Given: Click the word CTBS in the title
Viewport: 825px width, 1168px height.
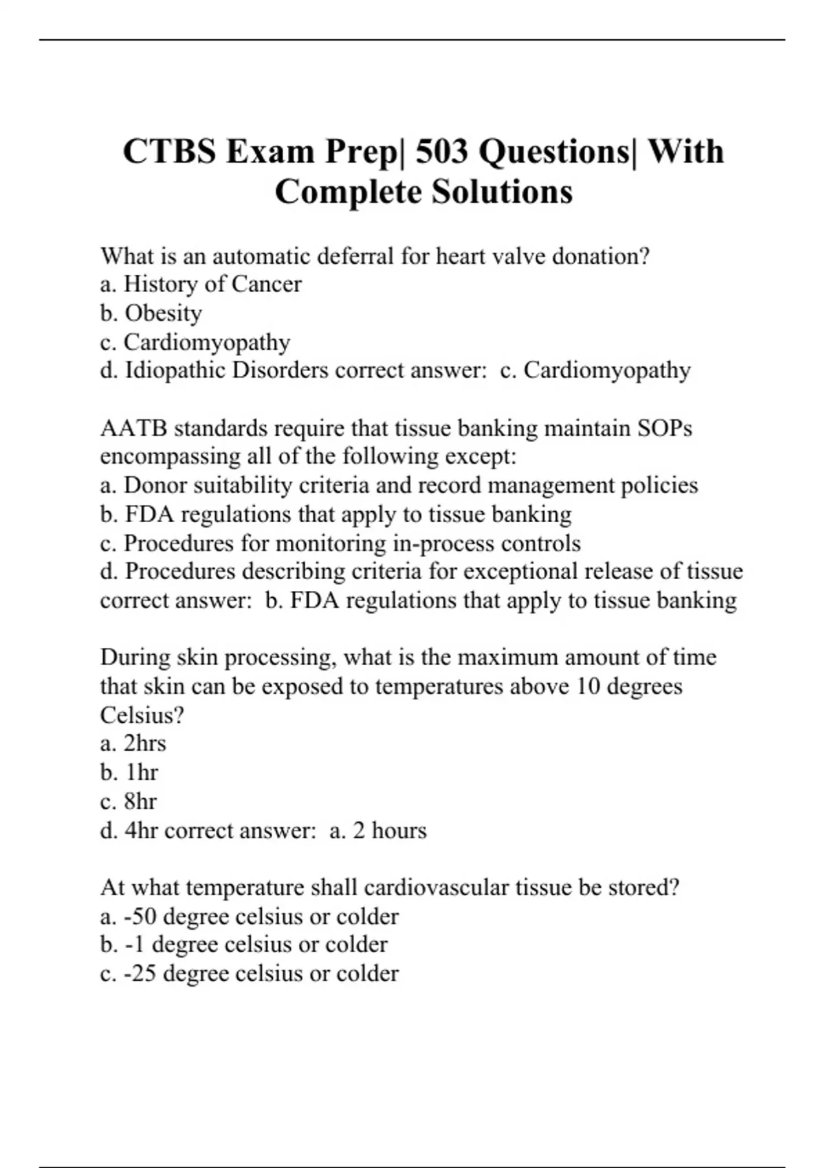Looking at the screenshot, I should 169,152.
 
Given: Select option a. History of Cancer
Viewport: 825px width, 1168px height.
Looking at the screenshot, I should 201,284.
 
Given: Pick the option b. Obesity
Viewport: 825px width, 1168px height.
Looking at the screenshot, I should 151,313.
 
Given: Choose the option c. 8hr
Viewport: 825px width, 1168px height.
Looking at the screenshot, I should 129,802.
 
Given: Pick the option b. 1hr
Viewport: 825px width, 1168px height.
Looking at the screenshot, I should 129,773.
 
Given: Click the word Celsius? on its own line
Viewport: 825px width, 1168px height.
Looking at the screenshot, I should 142,715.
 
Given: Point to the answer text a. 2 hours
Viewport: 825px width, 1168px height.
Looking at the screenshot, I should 378,831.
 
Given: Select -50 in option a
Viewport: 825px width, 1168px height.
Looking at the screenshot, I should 140,917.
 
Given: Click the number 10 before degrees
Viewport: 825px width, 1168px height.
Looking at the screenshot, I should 588,686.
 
